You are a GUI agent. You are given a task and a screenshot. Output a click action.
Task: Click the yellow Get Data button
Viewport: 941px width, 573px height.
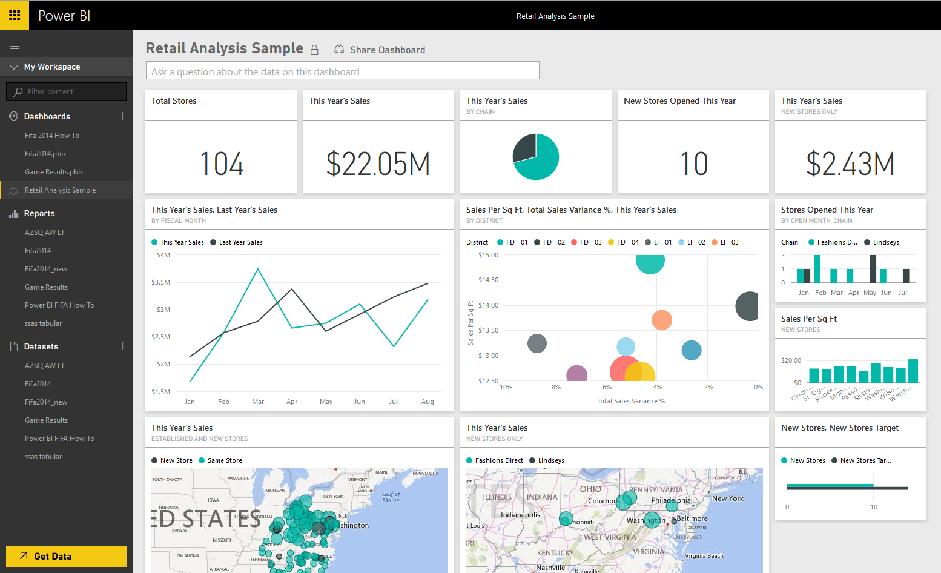[66, 556]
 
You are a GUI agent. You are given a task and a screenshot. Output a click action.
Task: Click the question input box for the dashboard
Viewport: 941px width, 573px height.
[342, 71]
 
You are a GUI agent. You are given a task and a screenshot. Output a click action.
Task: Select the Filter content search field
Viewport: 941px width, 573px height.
[67, 91]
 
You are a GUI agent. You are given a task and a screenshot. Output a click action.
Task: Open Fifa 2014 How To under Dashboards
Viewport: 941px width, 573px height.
[52, 136]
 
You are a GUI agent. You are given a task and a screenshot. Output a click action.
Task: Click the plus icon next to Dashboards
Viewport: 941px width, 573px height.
[122, 116]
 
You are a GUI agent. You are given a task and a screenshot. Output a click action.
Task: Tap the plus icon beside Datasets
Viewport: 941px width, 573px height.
[122, 346]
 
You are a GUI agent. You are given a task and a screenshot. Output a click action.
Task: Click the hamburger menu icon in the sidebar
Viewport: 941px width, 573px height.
[15, 46]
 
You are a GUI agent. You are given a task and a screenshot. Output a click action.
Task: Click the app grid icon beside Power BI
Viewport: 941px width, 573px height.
[15, 15]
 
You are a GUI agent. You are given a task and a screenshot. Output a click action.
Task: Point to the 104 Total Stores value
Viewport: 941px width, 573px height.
[222, 164]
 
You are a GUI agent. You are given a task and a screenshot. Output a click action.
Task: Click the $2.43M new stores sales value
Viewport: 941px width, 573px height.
[850, 164]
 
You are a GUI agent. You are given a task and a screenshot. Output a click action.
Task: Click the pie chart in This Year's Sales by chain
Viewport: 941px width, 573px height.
[536, 157]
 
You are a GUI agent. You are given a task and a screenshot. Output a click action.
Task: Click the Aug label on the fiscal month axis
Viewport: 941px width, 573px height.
[428, 402]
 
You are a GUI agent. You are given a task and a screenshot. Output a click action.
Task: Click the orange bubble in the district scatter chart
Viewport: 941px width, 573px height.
[661, 320]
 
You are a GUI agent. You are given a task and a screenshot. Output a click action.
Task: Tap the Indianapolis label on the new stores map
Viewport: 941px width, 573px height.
[520, 515]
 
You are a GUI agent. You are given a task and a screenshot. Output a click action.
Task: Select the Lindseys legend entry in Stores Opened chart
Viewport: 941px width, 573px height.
[885, 242]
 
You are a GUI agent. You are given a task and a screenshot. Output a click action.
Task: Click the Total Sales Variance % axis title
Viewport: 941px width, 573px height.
[631, 401]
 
